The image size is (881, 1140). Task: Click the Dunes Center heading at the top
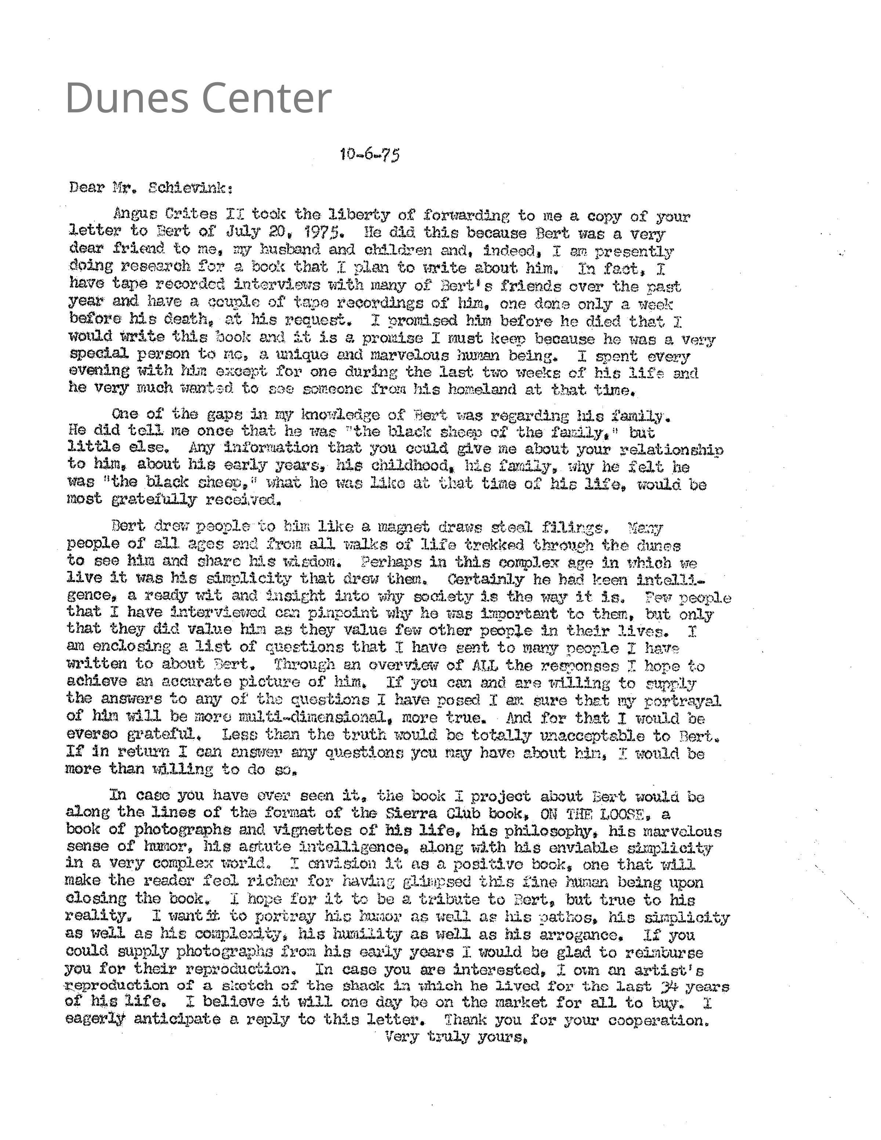(x=198, y=98)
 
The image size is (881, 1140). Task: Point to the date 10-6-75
(x=370, y=155)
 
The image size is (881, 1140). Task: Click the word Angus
(x=135, y=214)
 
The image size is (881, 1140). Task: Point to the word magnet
(x=403, y=527)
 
